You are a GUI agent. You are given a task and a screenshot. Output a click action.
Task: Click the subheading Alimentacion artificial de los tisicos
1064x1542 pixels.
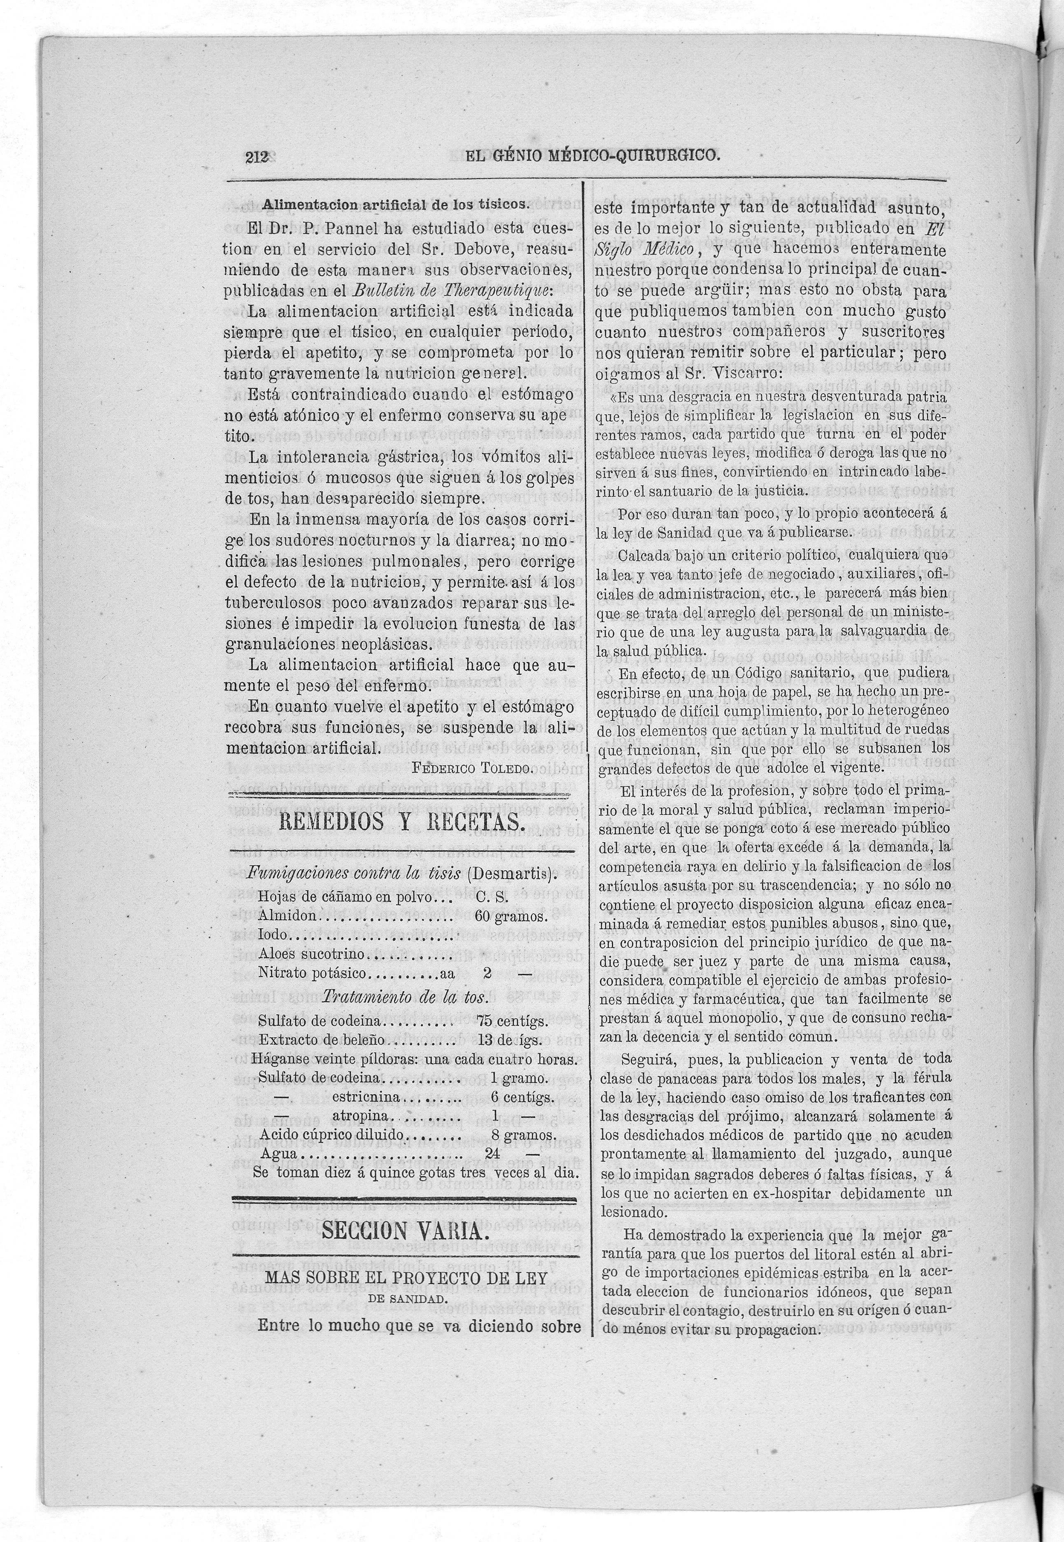click(395, 204)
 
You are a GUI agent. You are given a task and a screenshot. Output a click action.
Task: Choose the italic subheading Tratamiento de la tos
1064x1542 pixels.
click(406, 998)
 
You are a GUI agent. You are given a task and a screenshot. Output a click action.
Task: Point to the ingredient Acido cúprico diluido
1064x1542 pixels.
click(332, 1135)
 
